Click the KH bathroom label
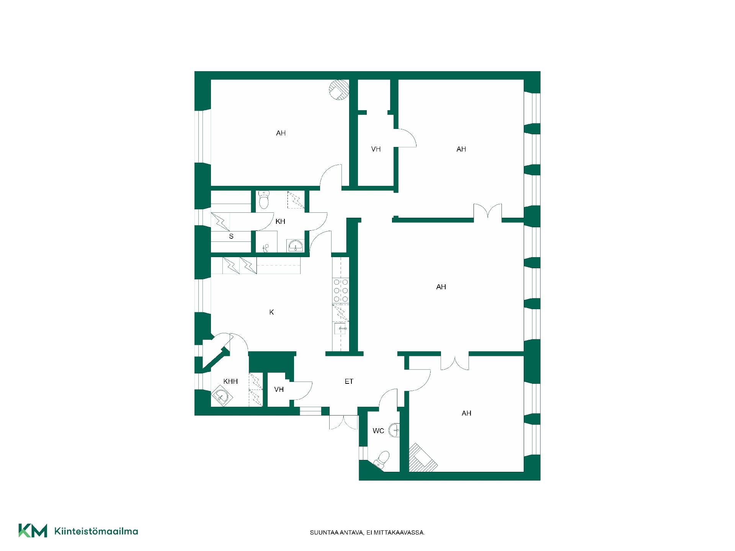[280, 222]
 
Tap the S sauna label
[231, 236]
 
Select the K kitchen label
[271, 312]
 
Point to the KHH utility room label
[230, 381]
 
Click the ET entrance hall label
[349, 381]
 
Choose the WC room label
[378, 431]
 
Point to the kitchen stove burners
[341, 291]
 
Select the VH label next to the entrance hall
[279, 390]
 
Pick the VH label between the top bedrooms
[376, 149]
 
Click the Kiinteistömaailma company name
[96, 531]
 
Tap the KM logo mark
[33, 531]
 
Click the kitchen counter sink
[341, 328]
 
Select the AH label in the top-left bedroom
[281, 133]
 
